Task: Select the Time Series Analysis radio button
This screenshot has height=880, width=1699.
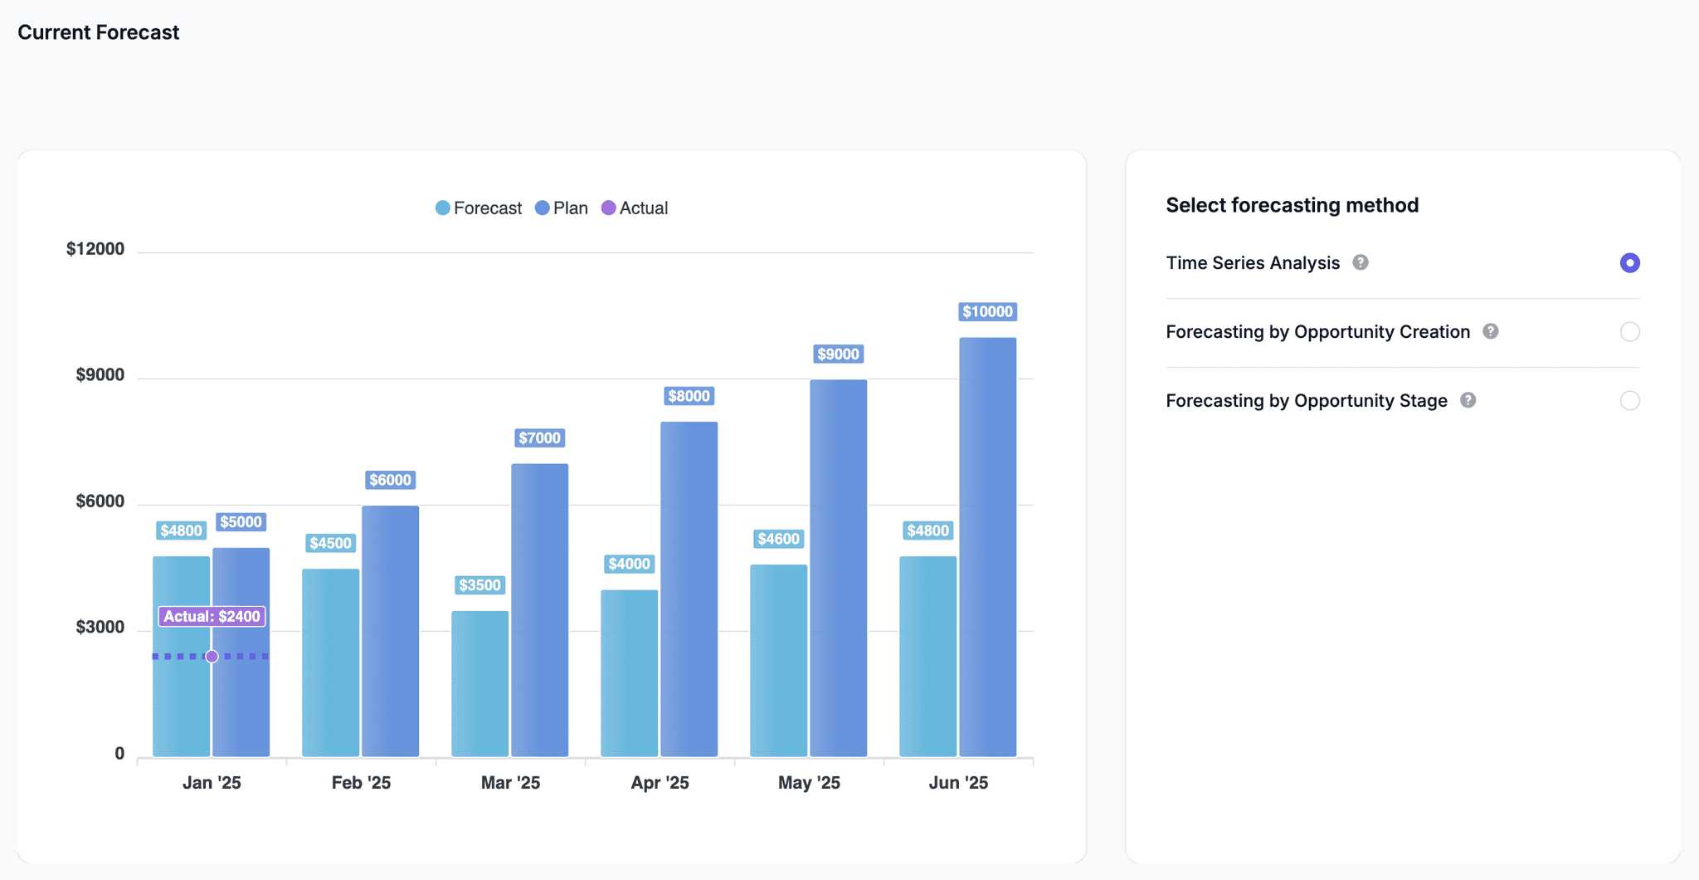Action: tap(1629, 263)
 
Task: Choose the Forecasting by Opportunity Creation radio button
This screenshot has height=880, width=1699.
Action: tap(1629, 332)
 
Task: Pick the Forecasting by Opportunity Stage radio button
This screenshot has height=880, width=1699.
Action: tap(1629, 401)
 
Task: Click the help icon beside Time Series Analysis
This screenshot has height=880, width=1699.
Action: tap(1361, 262)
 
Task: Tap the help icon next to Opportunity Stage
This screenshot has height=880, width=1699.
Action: tap(1468, 400)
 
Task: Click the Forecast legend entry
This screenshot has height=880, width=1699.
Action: tap(479, 208)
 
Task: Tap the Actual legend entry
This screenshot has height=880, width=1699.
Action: tap(635, 208)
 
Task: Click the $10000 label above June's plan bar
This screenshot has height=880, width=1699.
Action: tap(987, 312)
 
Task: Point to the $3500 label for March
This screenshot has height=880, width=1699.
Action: tap(480, 585)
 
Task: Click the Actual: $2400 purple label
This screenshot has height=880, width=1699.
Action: tap(212, 616)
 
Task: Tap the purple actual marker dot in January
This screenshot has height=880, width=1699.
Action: tap(212, 657)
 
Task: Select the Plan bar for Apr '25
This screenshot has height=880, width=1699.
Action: tap(689, 589)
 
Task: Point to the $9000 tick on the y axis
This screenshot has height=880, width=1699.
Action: tap(100, 375)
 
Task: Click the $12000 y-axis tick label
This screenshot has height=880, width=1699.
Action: tap(95, 249)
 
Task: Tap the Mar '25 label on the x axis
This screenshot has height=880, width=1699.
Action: tap(510, 783)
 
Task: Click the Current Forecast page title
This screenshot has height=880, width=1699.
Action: tap(98, 32)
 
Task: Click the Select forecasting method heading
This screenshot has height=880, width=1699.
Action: tap(1292, 205)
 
